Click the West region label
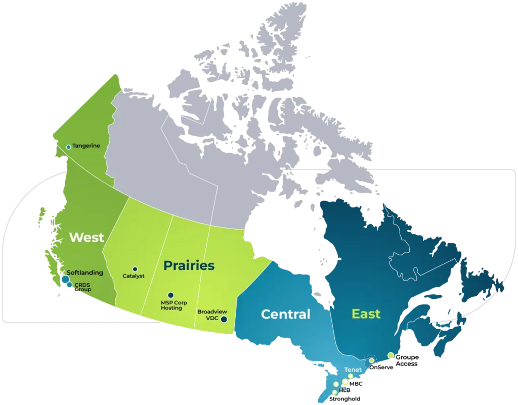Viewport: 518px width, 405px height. pyautogui.click(x=87, y=237)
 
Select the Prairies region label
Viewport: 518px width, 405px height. pyautogui.click(x=189, y=265)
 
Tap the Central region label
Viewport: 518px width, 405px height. pyautogui.click(x=285, y=314)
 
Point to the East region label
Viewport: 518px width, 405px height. pyautogui.click(x=366, y=314)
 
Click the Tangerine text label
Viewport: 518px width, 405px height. pyautogui.click(x=86, y=146)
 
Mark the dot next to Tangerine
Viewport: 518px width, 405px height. pyautogui.click(x=69, y=147)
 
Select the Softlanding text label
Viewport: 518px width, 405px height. pyautogui.click(x=84, y=273)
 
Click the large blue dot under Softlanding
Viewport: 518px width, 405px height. pyautogui.click(x=65, y=279)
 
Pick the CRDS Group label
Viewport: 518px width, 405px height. pyautogui.click(x=83, y=287)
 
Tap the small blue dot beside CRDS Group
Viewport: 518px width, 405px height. pyautogui.click(x=69, y=285)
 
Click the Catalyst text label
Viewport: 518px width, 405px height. pyautogui.click(x=134, y=276)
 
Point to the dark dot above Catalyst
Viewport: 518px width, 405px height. pyautogui.click(x=135, y=269)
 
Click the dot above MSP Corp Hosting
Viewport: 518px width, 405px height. pyautogui.click(x=170, y=295)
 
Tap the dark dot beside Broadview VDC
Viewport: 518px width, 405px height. pyautogui.click(x=224, y=319)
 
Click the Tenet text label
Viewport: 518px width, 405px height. pyautogui.click(x=353, y=370)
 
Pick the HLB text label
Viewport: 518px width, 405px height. pyautogui.click(x=344, y=390)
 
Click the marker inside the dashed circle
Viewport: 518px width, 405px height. pyautogui.click(x=372, y=361)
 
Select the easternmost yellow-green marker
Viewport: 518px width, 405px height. pyautogui.click(x=391, y=355)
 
